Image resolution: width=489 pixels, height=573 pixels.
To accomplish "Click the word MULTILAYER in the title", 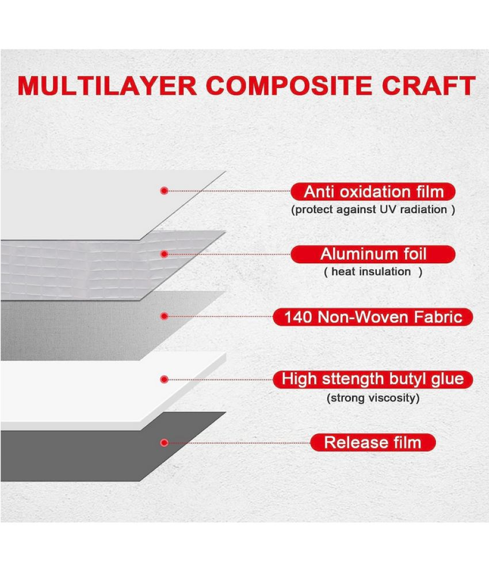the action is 107,86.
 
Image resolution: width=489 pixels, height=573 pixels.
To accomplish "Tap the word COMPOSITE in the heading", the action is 289,86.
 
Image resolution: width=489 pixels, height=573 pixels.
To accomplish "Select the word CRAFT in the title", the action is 429,86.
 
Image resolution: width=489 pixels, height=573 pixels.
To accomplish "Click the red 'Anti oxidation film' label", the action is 373,192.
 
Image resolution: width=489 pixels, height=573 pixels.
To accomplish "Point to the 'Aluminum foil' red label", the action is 373,254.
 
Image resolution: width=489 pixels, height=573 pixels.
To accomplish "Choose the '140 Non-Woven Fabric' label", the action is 373,317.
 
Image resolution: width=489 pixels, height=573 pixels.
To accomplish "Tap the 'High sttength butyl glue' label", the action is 373,380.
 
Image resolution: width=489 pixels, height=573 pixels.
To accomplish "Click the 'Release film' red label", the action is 373,442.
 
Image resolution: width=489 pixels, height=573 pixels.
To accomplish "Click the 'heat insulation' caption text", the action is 371,271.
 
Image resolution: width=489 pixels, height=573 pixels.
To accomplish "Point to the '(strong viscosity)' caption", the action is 373,397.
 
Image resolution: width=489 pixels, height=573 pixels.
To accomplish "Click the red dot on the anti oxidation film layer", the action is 165,191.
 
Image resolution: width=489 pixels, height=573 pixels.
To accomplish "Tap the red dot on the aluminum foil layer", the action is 165,254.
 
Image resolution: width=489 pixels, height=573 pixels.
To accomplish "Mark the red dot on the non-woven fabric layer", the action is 165,317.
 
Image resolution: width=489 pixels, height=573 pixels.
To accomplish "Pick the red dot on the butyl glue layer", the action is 165,380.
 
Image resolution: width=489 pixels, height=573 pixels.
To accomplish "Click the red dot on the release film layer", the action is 165,442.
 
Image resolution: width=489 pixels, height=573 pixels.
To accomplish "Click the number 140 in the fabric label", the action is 297,317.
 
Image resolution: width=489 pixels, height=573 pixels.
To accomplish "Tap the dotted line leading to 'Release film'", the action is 239,443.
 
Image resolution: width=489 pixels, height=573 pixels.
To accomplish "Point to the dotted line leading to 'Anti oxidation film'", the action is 230,191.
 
